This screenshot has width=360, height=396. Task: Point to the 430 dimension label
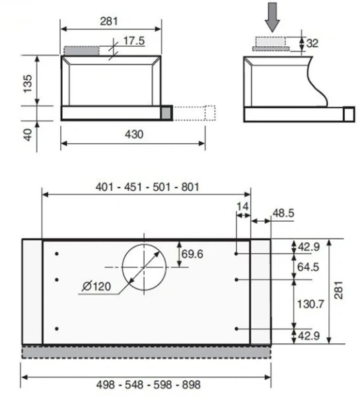click(x=134, y=135)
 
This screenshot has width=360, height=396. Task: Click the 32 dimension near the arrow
click(x=312, y=44)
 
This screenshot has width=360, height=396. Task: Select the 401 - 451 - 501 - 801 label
click(x=147, y=187)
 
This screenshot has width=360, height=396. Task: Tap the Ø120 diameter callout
click(x=97, y=286)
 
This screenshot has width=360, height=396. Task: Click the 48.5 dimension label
click(x=283, y=213)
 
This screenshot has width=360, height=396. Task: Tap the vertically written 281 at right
click(x=338, y=291)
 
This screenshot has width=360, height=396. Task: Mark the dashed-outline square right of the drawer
click(x=210, y=113)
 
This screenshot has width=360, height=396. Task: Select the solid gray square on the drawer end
click(x=166, y=113)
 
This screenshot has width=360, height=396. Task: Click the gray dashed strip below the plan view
click(x=147, y=352)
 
